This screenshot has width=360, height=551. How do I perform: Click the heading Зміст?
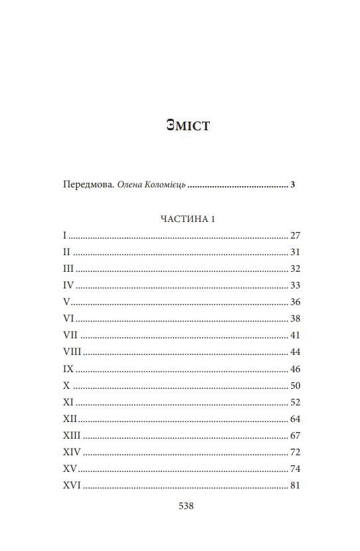click(x=188, y=125)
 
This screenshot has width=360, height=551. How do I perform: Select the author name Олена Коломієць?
click(x=151, y=185)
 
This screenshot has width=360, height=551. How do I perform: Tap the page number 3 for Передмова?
click(x=293, y=185)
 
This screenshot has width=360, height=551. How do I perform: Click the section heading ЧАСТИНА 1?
click(x=188, y=219)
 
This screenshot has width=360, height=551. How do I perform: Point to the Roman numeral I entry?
click(x=65, y=235)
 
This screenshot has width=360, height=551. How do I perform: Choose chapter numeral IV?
click(x=68, y=285)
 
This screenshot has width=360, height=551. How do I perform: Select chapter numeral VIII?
click(x=72, y=352)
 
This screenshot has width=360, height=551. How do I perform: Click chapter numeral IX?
click(x=68, y=368)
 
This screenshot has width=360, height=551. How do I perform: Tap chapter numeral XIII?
click(x=72, y=435)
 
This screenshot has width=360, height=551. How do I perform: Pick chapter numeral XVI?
click(x=72, y=485)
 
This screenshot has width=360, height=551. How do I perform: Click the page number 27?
click(x=296, y=235)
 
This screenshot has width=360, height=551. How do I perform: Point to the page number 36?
click(x=296, y=302)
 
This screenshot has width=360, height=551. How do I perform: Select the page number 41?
click(x=296, y=335)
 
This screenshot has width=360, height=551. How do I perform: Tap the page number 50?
click(x=296, y=385)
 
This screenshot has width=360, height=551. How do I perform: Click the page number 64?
click(x=296, y=419)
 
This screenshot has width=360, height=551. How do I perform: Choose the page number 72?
click(x=296, y=452)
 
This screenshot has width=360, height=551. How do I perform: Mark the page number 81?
click(x=296, y=485)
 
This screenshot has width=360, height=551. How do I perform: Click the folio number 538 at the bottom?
click(x=186, y=506)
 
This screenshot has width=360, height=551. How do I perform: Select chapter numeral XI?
click(x=68, y=402)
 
